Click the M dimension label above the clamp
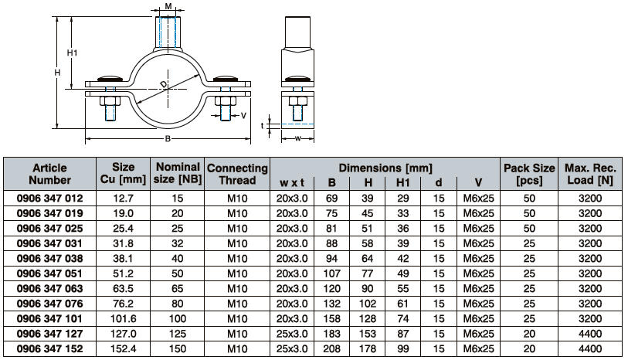click(168, 6)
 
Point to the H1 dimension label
click(72, 53)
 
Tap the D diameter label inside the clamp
click(164, 84)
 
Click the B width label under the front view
click(168, 138)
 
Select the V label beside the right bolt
click(243, 116)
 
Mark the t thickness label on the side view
click(263, 126)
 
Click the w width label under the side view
click(297, 138)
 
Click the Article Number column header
click(49, 174)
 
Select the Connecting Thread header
click(237, 174)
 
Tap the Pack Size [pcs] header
click(529, 174)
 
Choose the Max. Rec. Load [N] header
click(590, 174)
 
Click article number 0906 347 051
click(49, 273)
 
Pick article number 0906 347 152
click(49, 348)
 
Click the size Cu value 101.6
click(123, 319)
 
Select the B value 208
click(331, 348)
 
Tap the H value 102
click(367, 304)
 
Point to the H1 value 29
click(403, 199)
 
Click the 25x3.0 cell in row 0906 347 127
click(292, 334)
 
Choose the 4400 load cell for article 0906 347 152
click(590, 348)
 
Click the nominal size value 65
click(178, 289)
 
